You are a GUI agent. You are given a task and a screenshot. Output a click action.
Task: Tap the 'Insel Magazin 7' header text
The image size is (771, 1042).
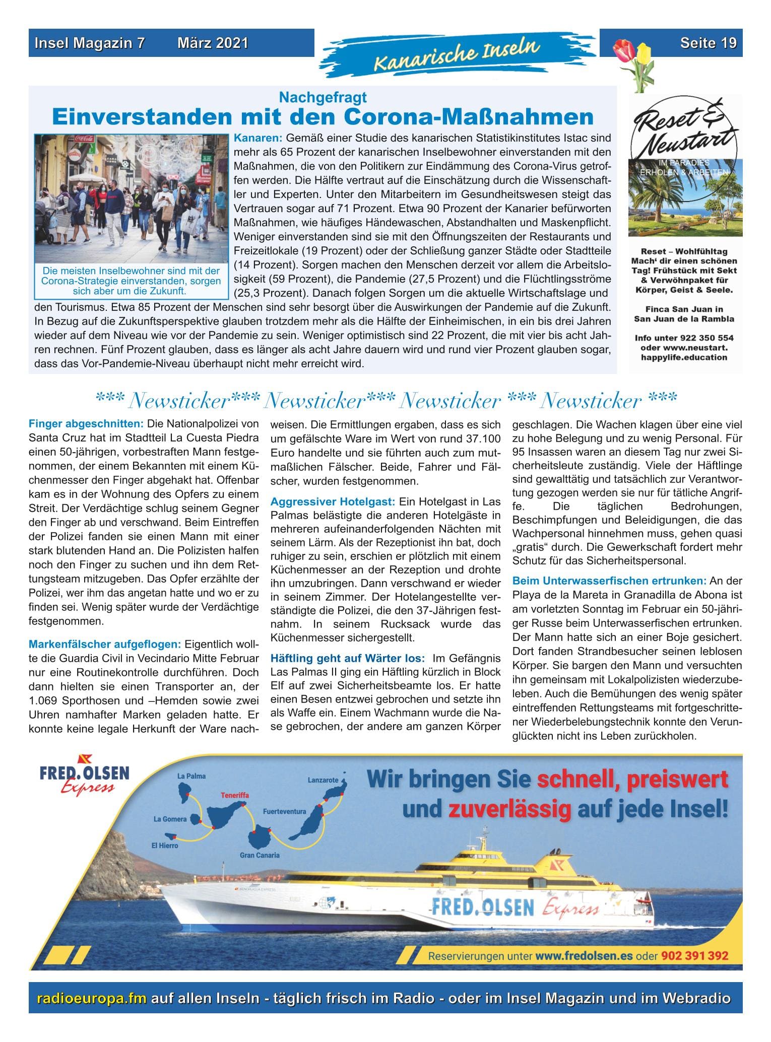tap(90, 43)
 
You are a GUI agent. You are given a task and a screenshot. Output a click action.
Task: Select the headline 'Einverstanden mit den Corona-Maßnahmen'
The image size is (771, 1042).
tap(323, 117)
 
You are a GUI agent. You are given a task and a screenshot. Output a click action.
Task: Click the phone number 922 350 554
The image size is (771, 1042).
tap(702, 338)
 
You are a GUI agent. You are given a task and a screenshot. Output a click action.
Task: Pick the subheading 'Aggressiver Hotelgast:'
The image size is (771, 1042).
tap(333, 502)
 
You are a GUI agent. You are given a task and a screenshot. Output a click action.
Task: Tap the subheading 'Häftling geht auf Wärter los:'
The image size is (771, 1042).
tap(348, 658)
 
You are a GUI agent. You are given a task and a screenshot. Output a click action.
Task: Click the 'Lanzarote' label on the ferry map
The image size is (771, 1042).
tap(323, 780)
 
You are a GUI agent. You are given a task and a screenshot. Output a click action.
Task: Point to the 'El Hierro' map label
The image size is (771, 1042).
tap(165, 846)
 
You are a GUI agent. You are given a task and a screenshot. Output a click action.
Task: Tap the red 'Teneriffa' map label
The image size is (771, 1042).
tap(235, 795)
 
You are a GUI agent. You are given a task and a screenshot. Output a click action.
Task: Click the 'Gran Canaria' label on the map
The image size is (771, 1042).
tap(260, 855)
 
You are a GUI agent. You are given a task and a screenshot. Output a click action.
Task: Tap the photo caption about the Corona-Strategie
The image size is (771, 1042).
tap(131, 281)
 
